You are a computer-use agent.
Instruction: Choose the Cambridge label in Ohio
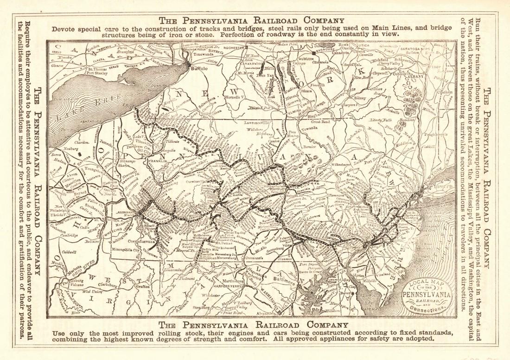point(68,235)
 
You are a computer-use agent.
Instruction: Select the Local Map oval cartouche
point(427,296)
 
